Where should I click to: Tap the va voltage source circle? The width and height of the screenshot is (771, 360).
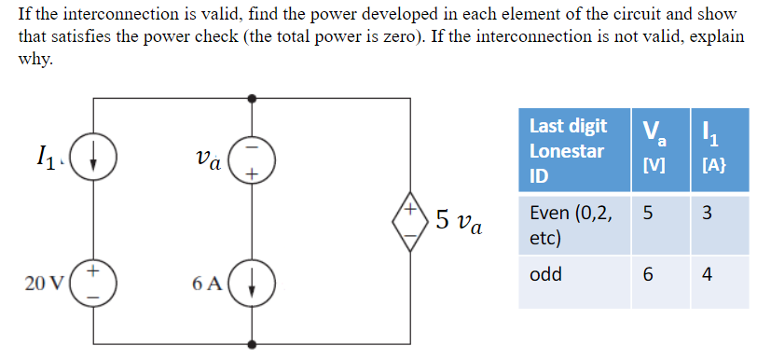[252, 160]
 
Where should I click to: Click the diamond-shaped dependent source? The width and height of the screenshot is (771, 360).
[411, 219]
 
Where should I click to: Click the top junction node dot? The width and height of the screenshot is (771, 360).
[252, 97]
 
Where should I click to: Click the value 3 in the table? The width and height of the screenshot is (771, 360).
[707, 214]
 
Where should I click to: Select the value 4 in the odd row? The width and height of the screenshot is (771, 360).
[707, 276]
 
